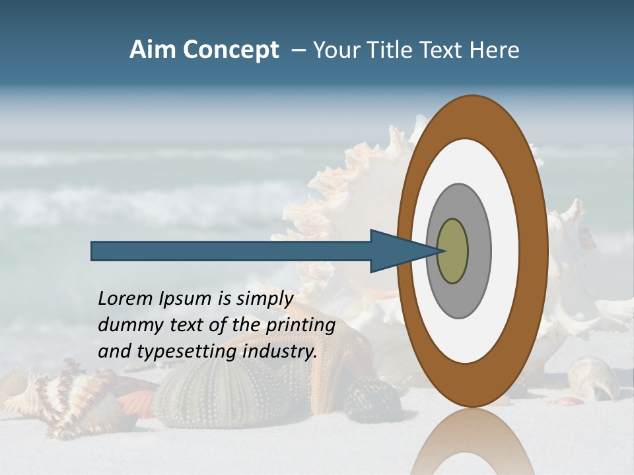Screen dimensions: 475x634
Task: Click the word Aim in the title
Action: tap(153, 50)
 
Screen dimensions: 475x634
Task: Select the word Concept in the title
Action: tap(230, 50)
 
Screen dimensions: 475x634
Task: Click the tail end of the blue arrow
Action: tap(93, 251)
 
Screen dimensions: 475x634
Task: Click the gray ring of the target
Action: tap(479, 251)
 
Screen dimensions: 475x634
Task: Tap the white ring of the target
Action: tap(505, 251)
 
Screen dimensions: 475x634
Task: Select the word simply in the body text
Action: tap(264, 300)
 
